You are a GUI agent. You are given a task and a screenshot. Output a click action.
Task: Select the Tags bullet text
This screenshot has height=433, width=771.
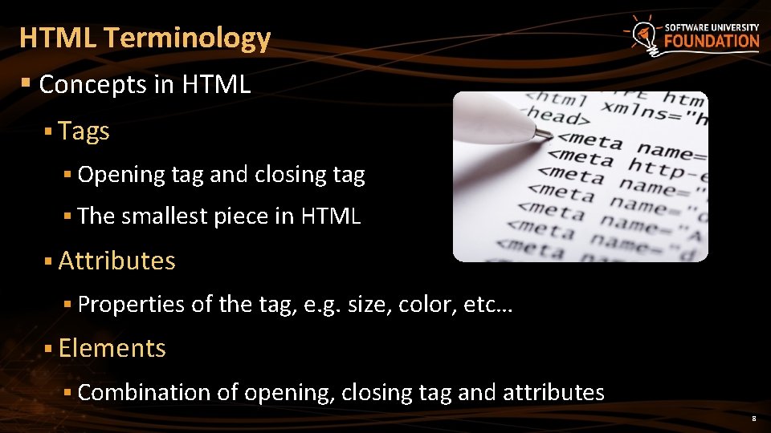[84, 132]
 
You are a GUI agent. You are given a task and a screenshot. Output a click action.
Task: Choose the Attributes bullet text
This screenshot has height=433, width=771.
[116, 261]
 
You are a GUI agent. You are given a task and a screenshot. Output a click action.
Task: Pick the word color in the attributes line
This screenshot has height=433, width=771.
[426, 305]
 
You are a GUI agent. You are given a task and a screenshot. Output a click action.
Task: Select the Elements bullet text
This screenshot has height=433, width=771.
[112, 348]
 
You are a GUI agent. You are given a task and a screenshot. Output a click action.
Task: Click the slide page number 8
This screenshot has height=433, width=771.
[753, 419]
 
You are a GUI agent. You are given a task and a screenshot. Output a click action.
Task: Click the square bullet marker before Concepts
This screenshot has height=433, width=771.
[27, 83]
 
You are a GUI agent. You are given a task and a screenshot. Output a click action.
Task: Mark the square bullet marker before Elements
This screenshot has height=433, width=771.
[48, 348]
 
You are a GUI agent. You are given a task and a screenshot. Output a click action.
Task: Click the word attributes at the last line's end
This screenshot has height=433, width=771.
[553, 392]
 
